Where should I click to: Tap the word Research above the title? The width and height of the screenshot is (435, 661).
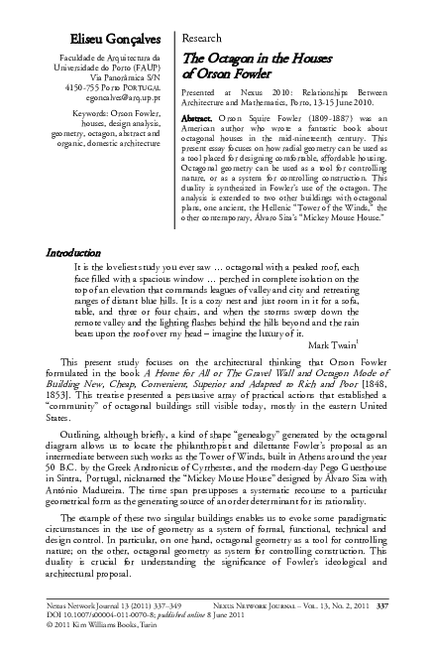coord(203,38)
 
